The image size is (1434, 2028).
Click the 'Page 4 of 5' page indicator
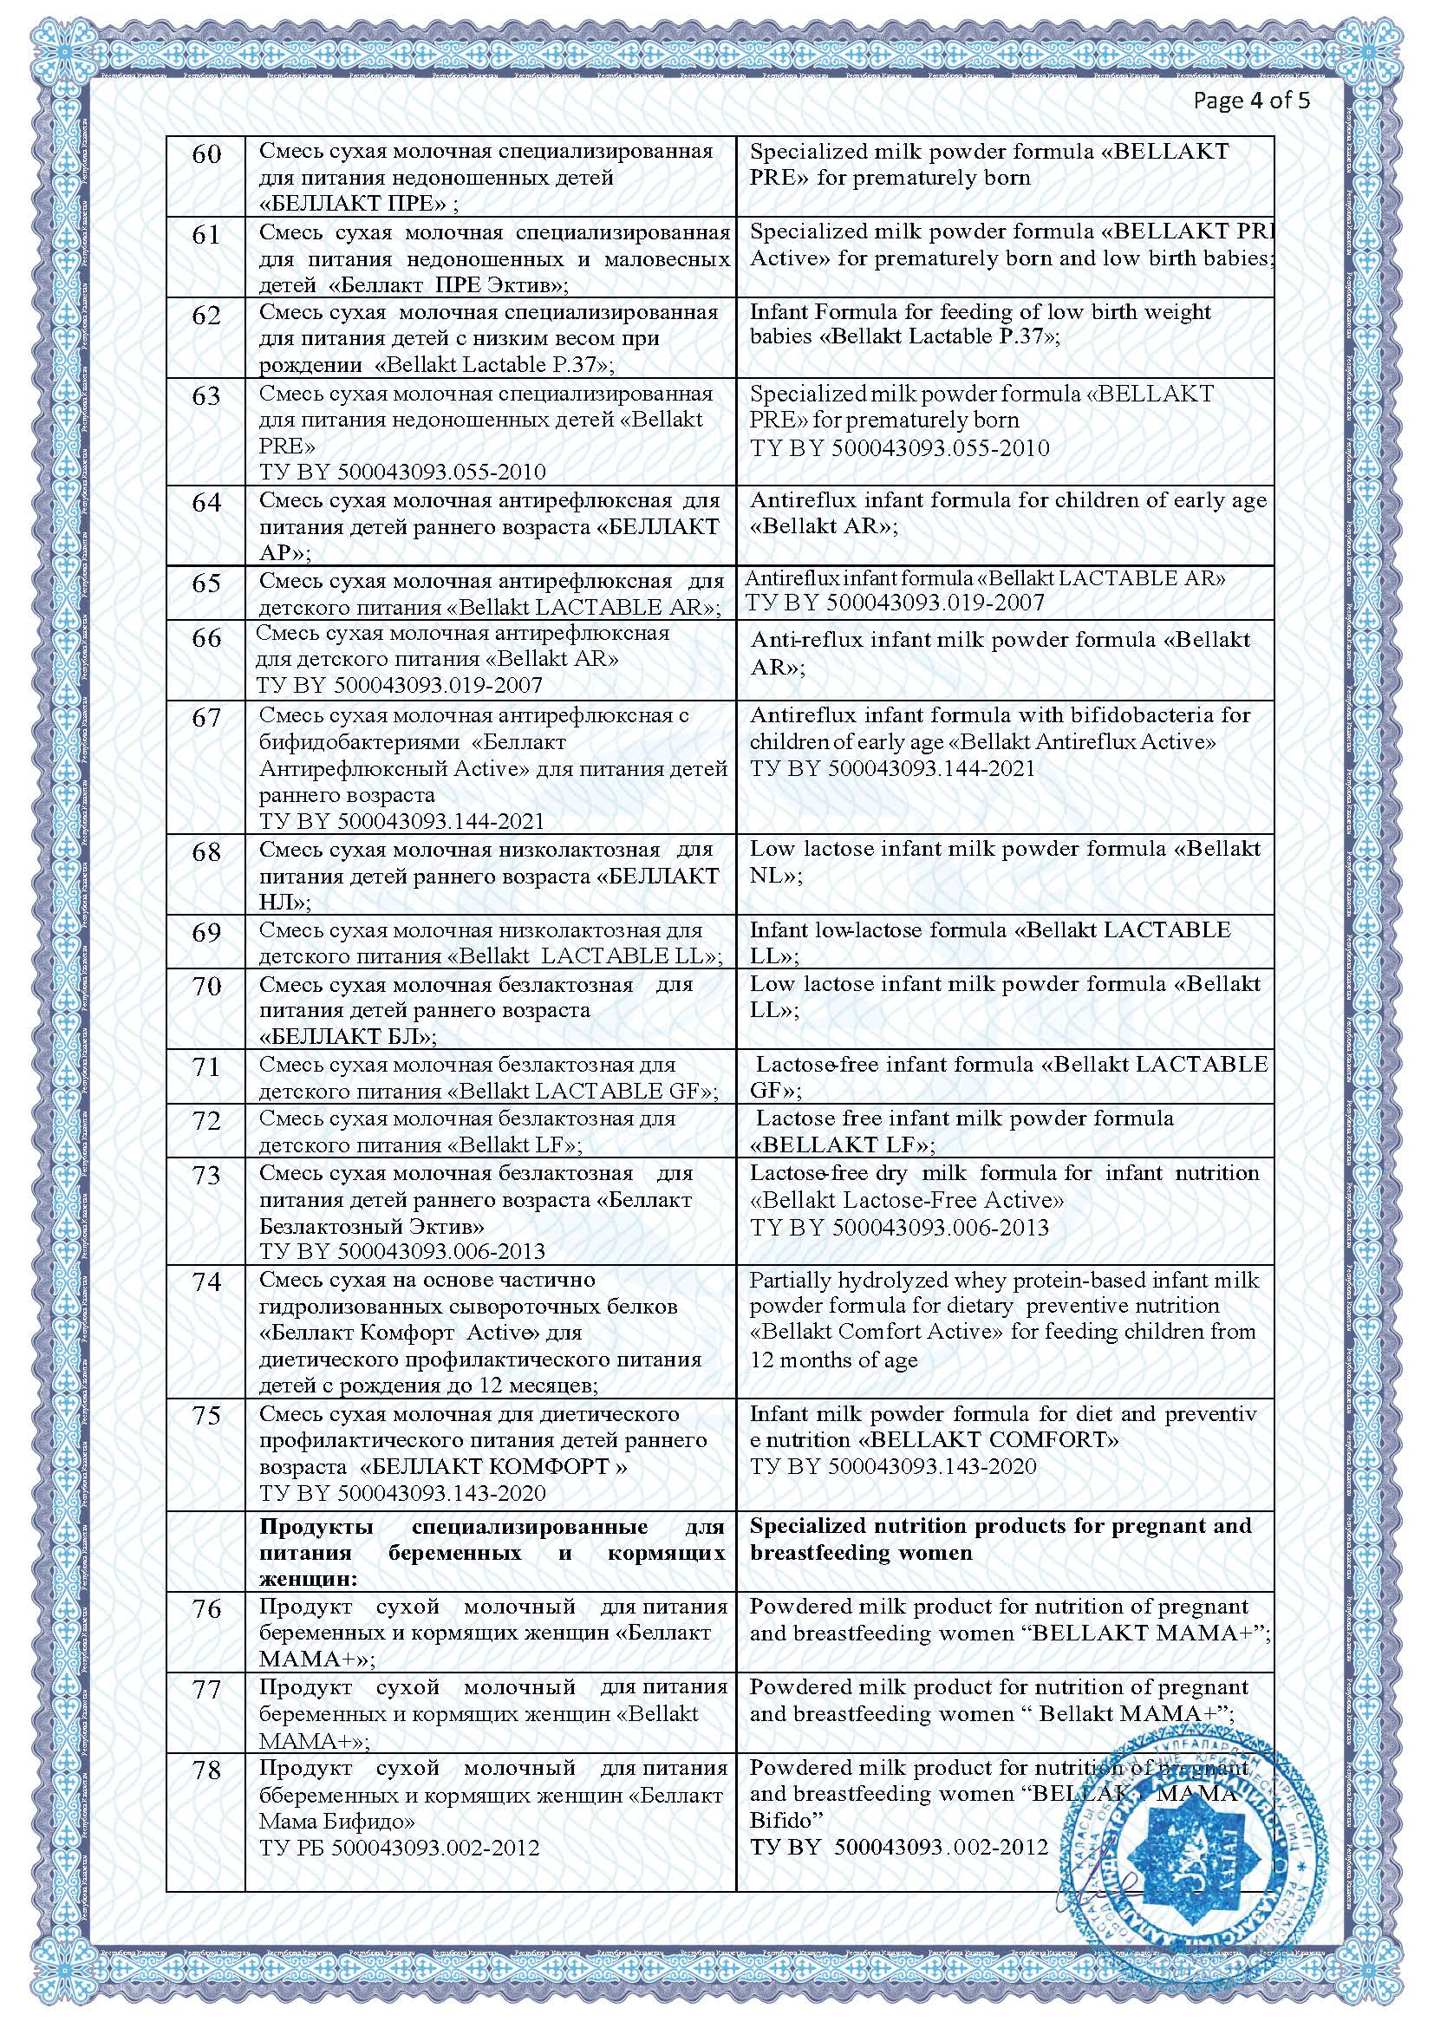(x=1251, y=100)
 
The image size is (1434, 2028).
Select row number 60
(x=206, y=154)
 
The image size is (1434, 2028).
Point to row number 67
(x=206, y=717)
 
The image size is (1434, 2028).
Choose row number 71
(x=206, y=1067)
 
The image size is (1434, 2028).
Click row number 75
(x=206, y=1415)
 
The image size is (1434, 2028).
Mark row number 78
(x=206, y=1770)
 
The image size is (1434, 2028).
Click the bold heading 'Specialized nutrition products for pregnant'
(x=1001, y=1525)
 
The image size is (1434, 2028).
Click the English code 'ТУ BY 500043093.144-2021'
(x=892, y=768)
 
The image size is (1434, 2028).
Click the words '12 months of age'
(x=833, y=1360)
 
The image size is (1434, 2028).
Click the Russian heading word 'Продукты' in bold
(x=316, y=1527)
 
